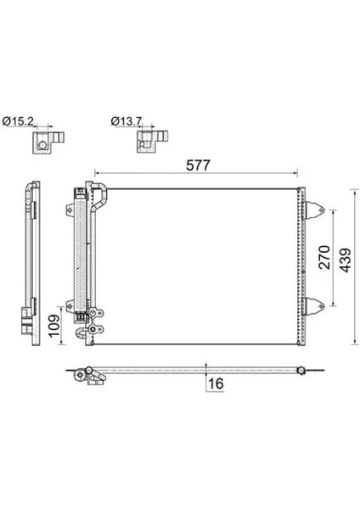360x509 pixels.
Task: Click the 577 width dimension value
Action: point(198,165)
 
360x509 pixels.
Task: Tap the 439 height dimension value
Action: point(346,260)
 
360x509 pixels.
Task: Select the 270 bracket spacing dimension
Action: point(324,257)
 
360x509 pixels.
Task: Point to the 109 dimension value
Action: point(53,326)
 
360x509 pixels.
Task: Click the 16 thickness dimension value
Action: point(216,383)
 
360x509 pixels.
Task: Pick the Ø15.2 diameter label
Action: point(18,121)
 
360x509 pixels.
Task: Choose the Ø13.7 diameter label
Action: point(127,121)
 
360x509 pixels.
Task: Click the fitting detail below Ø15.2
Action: point(48,142)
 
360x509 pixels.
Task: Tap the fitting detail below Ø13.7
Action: point(152,142)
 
